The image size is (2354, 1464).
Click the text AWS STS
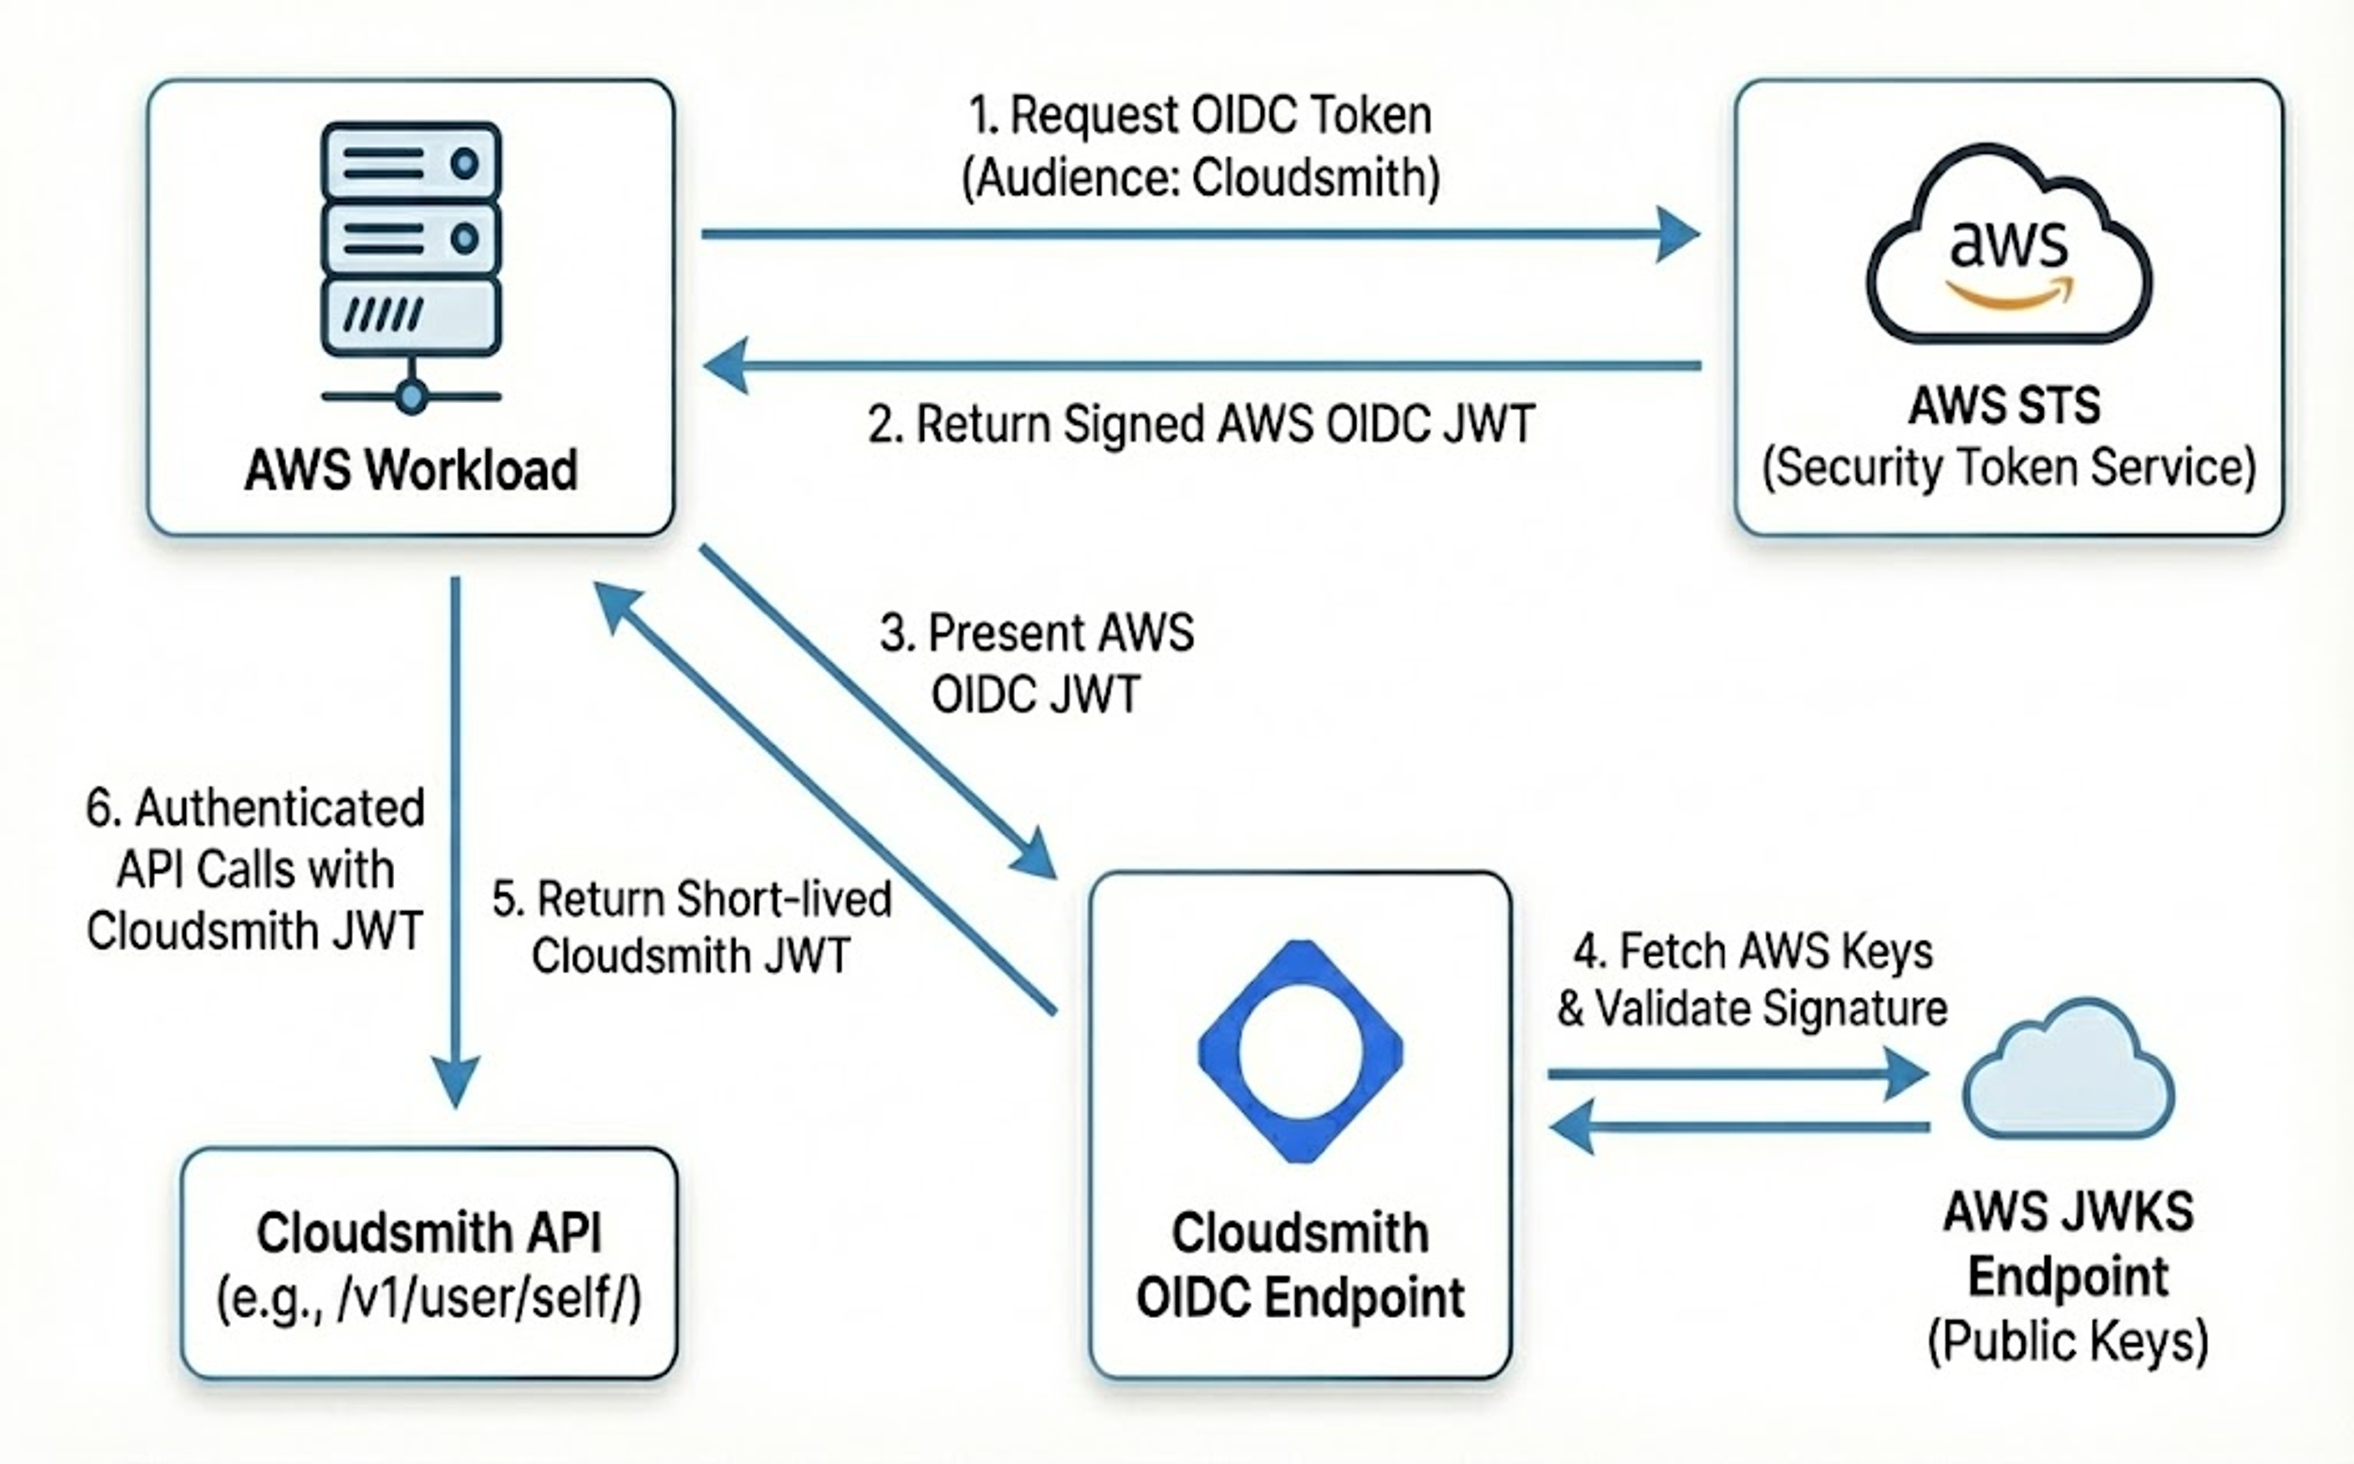(2005, 404)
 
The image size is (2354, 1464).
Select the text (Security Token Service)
(2008, 468)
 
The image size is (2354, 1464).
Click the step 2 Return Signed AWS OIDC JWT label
(1201, 424)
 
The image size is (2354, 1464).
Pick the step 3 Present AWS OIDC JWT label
(1036, 663)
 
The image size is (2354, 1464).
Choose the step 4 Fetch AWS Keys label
(1753, 980)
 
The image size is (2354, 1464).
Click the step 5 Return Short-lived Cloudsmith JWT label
(691, 928)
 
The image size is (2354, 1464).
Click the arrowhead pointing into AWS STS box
(1678, 233)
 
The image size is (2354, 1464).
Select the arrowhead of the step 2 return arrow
(725, 366)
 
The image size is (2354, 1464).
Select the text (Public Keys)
(2067, 1341)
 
